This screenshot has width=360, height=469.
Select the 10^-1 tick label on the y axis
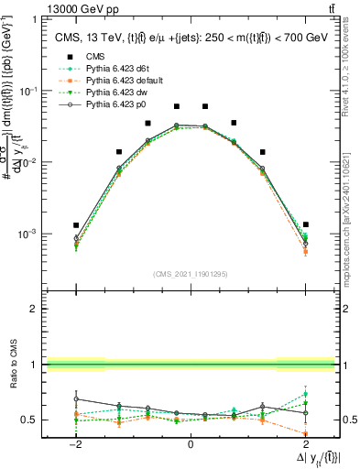[28, 91]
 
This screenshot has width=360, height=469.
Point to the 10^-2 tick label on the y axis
[28, 162]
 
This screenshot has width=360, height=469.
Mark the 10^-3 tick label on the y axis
[28, 234]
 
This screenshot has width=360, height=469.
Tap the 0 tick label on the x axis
[191, 444]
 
